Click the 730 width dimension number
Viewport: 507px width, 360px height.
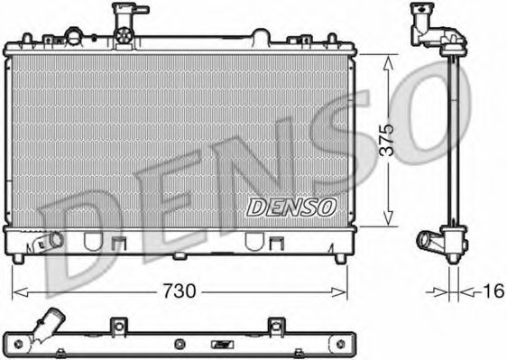click(180, 291)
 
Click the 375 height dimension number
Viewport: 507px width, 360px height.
click(387, 140)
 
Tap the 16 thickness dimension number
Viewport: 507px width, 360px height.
click(493, 291)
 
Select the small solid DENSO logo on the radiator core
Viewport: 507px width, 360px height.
click(291, 207)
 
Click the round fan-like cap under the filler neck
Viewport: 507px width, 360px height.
click(124, 35)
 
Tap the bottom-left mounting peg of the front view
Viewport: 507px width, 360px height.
click(18, 258)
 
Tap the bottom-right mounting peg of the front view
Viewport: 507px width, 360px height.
click(340, 258)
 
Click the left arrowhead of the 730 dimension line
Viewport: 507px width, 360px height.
click(20, 292)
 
